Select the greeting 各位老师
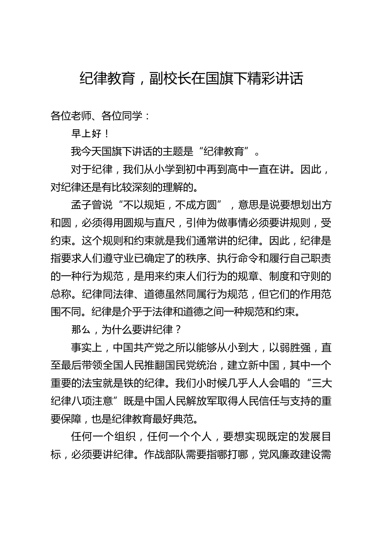(71, 116)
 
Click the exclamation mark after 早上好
(106, 134)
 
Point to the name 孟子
(81, 205)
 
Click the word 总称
(61, 294)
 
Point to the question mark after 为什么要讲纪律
(178, 330)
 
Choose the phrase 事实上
(87, 348)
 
